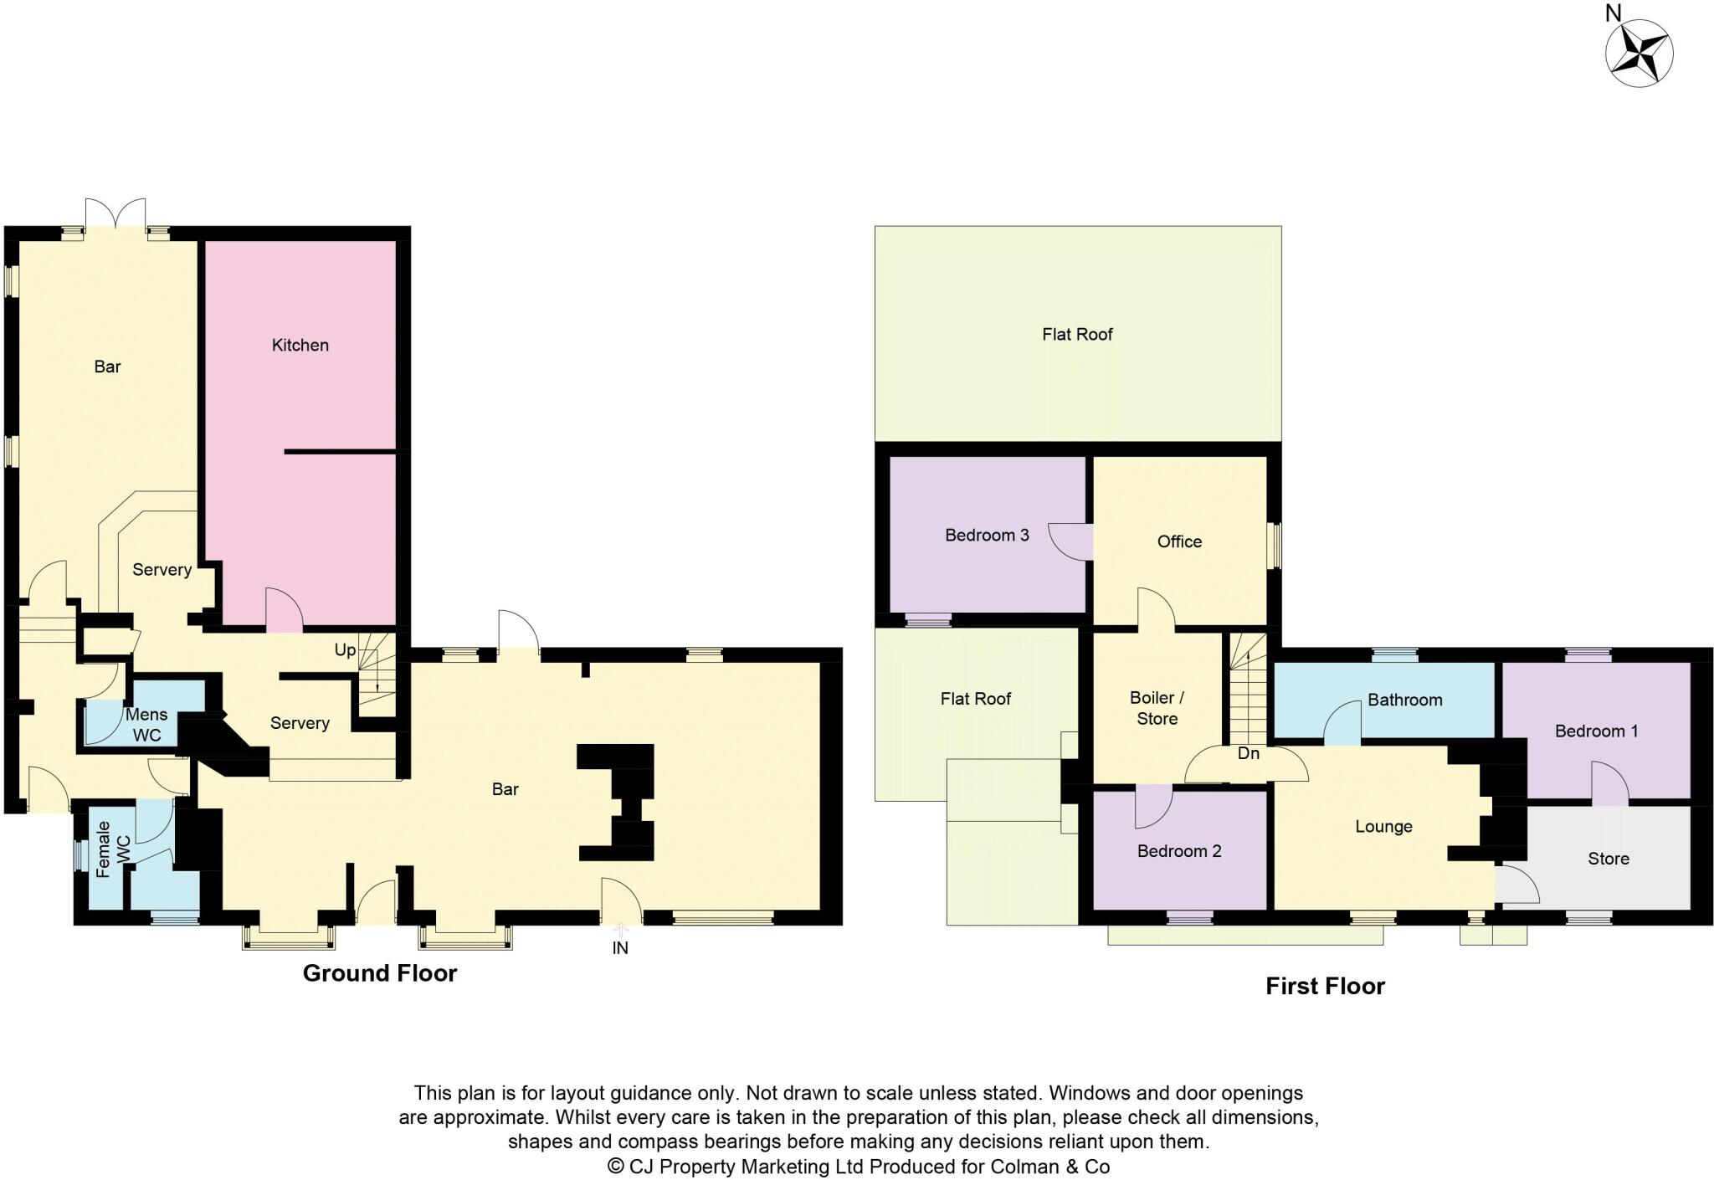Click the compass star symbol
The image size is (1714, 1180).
pyautogui.click(x=1639, y=53)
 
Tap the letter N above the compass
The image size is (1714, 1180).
pyautogui.click(x=1613, y=13)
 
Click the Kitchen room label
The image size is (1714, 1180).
pyautogui.click(x=300, y=345)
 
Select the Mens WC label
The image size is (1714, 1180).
pyautogui.click(x=146, y=725)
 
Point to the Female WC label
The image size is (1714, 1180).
pyautogui.click(x=113, y=849)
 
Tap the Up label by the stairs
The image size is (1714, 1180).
pyautogui.click(x=345, y=650)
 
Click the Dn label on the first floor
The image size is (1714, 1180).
pyautogui.click(x=1248, y=753)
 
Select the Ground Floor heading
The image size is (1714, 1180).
pyautogui.click(x=379, y=973)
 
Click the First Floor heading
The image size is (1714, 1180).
pyautogui.click(x=1325, y=987)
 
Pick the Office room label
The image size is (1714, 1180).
pyautogui.click(x=1179, y=541)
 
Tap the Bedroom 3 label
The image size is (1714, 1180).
pyautogui.click(x=987, y=535)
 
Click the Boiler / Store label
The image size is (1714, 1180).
pyautogui.click(x=1157, y=708)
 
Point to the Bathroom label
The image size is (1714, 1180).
pyautogui.click(x=1404, y=700)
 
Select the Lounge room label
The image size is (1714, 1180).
pyautogui.click(x=1383, y=827)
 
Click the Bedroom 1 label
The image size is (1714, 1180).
pyautogui.click(x=1596, y=731)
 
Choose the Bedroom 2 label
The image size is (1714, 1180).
pyautogui.click(x=1178, y=851)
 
